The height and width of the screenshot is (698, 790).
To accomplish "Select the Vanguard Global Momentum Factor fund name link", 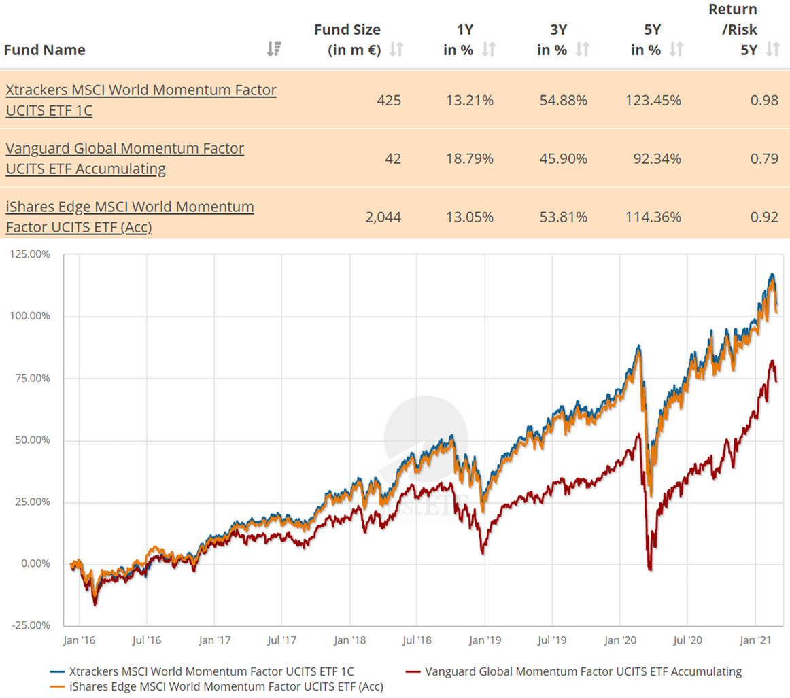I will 124,158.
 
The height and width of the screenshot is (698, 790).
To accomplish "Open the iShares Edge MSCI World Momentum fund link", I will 129,216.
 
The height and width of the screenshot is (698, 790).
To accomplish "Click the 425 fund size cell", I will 389,101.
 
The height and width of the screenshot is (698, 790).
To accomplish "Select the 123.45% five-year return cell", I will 653,101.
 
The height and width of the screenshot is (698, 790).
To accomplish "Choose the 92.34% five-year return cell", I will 657,159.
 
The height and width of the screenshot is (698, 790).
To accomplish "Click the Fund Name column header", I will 45,50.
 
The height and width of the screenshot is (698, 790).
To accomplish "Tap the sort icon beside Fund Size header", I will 396,50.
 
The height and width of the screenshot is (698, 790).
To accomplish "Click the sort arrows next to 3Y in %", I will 582,50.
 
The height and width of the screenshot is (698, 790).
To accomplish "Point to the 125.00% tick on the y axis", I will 29,255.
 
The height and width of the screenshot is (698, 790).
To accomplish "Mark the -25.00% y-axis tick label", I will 29,625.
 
